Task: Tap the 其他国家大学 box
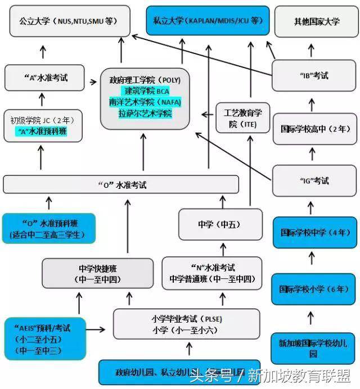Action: tap(317, 21)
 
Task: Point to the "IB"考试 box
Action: tap(313, 75)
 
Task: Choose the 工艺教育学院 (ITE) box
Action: tap(243, 117)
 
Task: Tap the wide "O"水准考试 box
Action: tap(127, 184)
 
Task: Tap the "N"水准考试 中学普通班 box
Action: tap(211, 273)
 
